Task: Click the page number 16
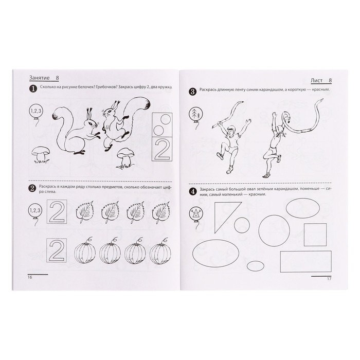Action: point(30,277)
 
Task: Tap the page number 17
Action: point(329,279)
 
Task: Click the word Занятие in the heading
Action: point(39,78)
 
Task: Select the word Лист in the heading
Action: point(317,81)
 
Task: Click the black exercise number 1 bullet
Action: point(33,88)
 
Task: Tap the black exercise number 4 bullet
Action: point(193,191)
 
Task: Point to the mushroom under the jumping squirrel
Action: point(124,158)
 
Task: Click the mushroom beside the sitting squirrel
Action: point(41,155)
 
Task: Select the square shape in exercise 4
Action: point(315,235)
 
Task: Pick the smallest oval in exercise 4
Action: point(255,266)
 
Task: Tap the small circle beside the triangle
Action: point(242,225)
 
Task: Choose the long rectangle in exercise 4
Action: point(306,261)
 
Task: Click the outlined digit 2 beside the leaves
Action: point(57,211)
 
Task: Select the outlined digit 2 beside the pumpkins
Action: point(57,250)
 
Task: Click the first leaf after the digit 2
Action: point(85,212)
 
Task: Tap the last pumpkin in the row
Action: point(160,254)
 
